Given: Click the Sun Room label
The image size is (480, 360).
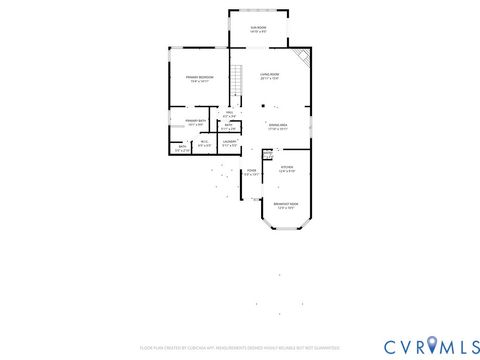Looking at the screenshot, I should point(258,29).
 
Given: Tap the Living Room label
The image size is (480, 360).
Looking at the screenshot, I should point(269,75).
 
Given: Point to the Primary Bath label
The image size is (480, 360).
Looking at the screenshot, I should point(195,123).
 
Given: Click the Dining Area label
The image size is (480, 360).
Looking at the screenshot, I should point(277,127).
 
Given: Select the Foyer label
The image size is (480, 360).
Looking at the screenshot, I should point(252,172).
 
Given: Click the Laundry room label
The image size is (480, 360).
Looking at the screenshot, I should point(229,143).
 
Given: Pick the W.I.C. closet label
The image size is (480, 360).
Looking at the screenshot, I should point(204,143).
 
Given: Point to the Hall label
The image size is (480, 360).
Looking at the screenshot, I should point(228,115).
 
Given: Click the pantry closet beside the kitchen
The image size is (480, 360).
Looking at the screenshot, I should point(267,155).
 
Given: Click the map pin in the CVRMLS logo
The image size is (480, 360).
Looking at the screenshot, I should point(432,345).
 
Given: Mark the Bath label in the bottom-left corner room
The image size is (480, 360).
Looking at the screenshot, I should point(181,148).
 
